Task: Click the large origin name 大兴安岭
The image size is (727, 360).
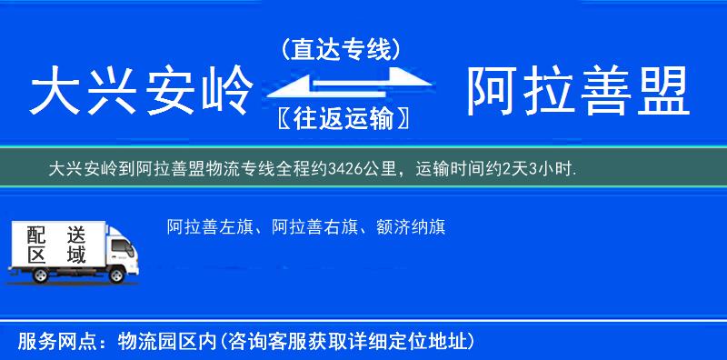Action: pyautogui.click(x=140, y=94)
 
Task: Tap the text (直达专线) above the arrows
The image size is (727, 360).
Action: pyautogui.click(x=341, y=50)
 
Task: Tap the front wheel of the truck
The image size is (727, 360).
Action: pyautogui.click(x=116, y=275)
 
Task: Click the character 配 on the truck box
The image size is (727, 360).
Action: pyautogui.click(x=35, y=235)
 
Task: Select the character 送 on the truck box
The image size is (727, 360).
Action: pyautogui.click(x=75, y=235)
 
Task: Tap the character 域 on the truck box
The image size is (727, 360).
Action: pyautogui.click(x=75, y=255)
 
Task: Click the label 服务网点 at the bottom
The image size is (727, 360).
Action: pyautogui.click(x=50, y=342)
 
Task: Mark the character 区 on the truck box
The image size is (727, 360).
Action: pyautogui.click(x=35, y=255)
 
